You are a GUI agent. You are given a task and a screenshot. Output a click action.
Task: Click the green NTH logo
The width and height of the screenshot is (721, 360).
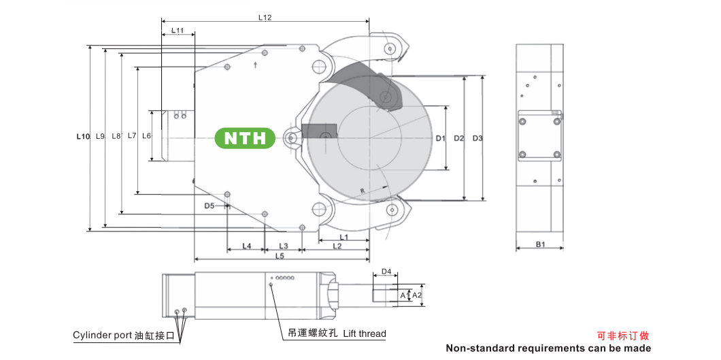245,138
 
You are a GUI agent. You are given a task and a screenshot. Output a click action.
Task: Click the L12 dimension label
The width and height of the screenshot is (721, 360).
265,18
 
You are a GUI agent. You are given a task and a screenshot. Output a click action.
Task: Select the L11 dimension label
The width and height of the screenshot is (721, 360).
178,31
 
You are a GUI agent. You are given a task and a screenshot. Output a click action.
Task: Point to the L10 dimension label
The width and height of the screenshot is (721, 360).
83,136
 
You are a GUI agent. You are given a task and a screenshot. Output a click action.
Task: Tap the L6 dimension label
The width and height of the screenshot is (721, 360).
146,135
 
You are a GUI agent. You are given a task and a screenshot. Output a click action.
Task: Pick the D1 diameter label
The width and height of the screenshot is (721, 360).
441,138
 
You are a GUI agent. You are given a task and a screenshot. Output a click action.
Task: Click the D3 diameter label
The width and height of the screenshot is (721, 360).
477,138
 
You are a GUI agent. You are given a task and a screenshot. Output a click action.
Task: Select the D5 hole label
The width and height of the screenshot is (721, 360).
209,206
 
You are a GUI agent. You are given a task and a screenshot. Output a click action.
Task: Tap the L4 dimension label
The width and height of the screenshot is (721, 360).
246,246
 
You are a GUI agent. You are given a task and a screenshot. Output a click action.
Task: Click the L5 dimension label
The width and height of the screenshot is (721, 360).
280,256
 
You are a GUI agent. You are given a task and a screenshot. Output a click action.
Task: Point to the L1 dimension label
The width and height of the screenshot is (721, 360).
343,237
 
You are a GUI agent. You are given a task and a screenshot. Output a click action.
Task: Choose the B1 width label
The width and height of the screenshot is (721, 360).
540,244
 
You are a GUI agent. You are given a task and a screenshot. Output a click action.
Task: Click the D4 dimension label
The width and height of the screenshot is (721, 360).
386,272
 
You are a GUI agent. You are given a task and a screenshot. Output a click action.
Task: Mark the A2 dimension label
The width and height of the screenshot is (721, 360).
417,295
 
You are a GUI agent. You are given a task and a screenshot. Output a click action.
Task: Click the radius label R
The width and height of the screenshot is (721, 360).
363,191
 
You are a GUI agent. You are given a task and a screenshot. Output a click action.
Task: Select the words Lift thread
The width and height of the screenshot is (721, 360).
365,333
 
